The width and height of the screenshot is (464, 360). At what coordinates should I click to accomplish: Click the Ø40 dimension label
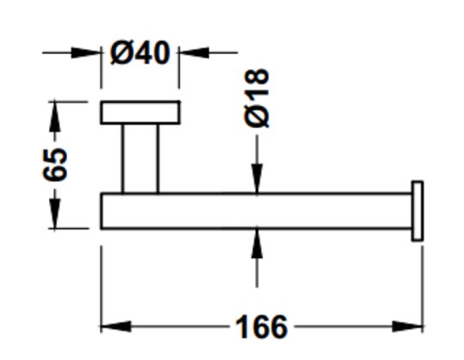(x=140, y=52)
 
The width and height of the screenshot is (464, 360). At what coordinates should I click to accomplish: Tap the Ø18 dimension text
(x=257, y=98)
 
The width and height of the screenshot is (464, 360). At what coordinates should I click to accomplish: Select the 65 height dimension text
(x=55, y=165)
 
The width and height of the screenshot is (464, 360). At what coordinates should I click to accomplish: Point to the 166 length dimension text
(x=261, y=326)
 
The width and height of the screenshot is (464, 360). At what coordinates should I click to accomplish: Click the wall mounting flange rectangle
(x=140, y=113)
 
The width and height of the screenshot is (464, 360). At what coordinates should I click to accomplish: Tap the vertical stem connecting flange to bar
(x=140, y=159)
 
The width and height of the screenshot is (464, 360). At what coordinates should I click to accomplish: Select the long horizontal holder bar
(x=256, y=211)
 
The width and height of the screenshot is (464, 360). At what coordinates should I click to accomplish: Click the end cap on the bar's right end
(x=418, y=211)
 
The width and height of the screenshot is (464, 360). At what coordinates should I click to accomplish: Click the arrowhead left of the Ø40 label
(x=86, y=52)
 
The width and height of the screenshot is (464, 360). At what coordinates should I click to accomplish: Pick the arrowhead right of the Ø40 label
(x=194, y=52)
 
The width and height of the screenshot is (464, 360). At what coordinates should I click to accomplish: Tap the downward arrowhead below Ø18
(x=257, y=179)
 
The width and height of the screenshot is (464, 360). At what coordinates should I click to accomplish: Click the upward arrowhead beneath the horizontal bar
(x=257, y=244)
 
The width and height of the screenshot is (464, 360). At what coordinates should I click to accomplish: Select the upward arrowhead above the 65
(x=55, y=117)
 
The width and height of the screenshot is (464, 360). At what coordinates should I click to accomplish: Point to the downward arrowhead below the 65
(x=55, y=214)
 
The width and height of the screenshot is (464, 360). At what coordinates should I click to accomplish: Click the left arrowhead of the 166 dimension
(x=116, y=326)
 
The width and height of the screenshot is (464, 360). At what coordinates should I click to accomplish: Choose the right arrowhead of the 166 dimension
(x=407, y=326)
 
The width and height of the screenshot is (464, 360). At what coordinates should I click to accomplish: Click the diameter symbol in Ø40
(x=121, y=53)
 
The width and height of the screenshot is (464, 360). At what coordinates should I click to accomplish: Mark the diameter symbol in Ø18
(x=257, y=116)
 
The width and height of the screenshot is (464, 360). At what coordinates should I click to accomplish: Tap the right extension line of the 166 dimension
(x=423, y=290)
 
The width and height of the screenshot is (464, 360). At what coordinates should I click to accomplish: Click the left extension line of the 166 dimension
(x=101, y=290)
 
